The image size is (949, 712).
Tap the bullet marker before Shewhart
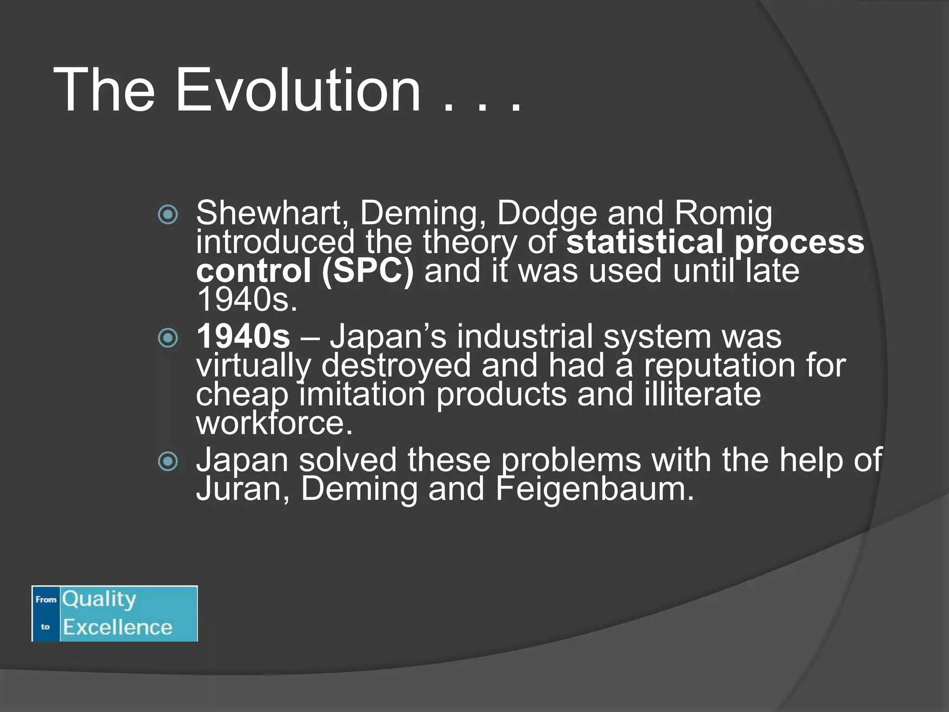[168, 215]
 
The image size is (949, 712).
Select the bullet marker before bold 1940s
[168, 338]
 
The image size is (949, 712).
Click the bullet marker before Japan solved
[168, 461]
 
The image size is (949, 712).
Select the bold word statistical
[645, 242]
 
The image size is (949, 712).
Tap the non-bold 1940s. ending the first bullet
[247, 300]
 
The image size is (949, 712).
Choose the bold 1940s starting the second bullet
[243, 337]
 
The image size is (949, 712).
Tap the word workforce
[274, 423]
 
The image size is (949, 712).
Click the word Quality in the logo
[99, 599]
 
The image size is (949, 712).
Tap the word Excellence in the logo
[118, 627]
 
